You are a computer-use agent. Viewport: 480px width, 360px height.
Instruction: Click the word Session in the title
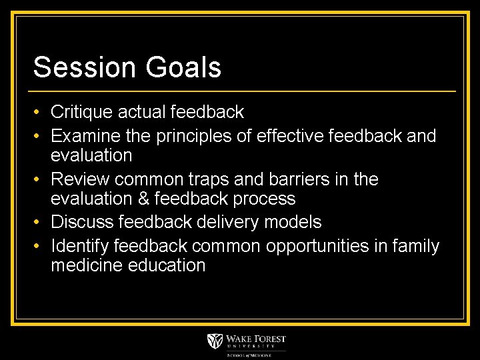coord(76,67)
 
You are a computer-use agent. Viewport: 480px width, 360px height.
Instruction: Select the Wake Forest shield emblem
coord(215,341)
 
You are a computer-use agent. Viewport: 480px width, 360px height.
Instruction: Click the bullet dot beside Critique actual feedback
coord(39,112)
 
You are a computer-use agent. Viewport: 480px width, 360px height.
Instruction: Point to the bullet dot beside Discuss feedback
coord(39,222)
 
